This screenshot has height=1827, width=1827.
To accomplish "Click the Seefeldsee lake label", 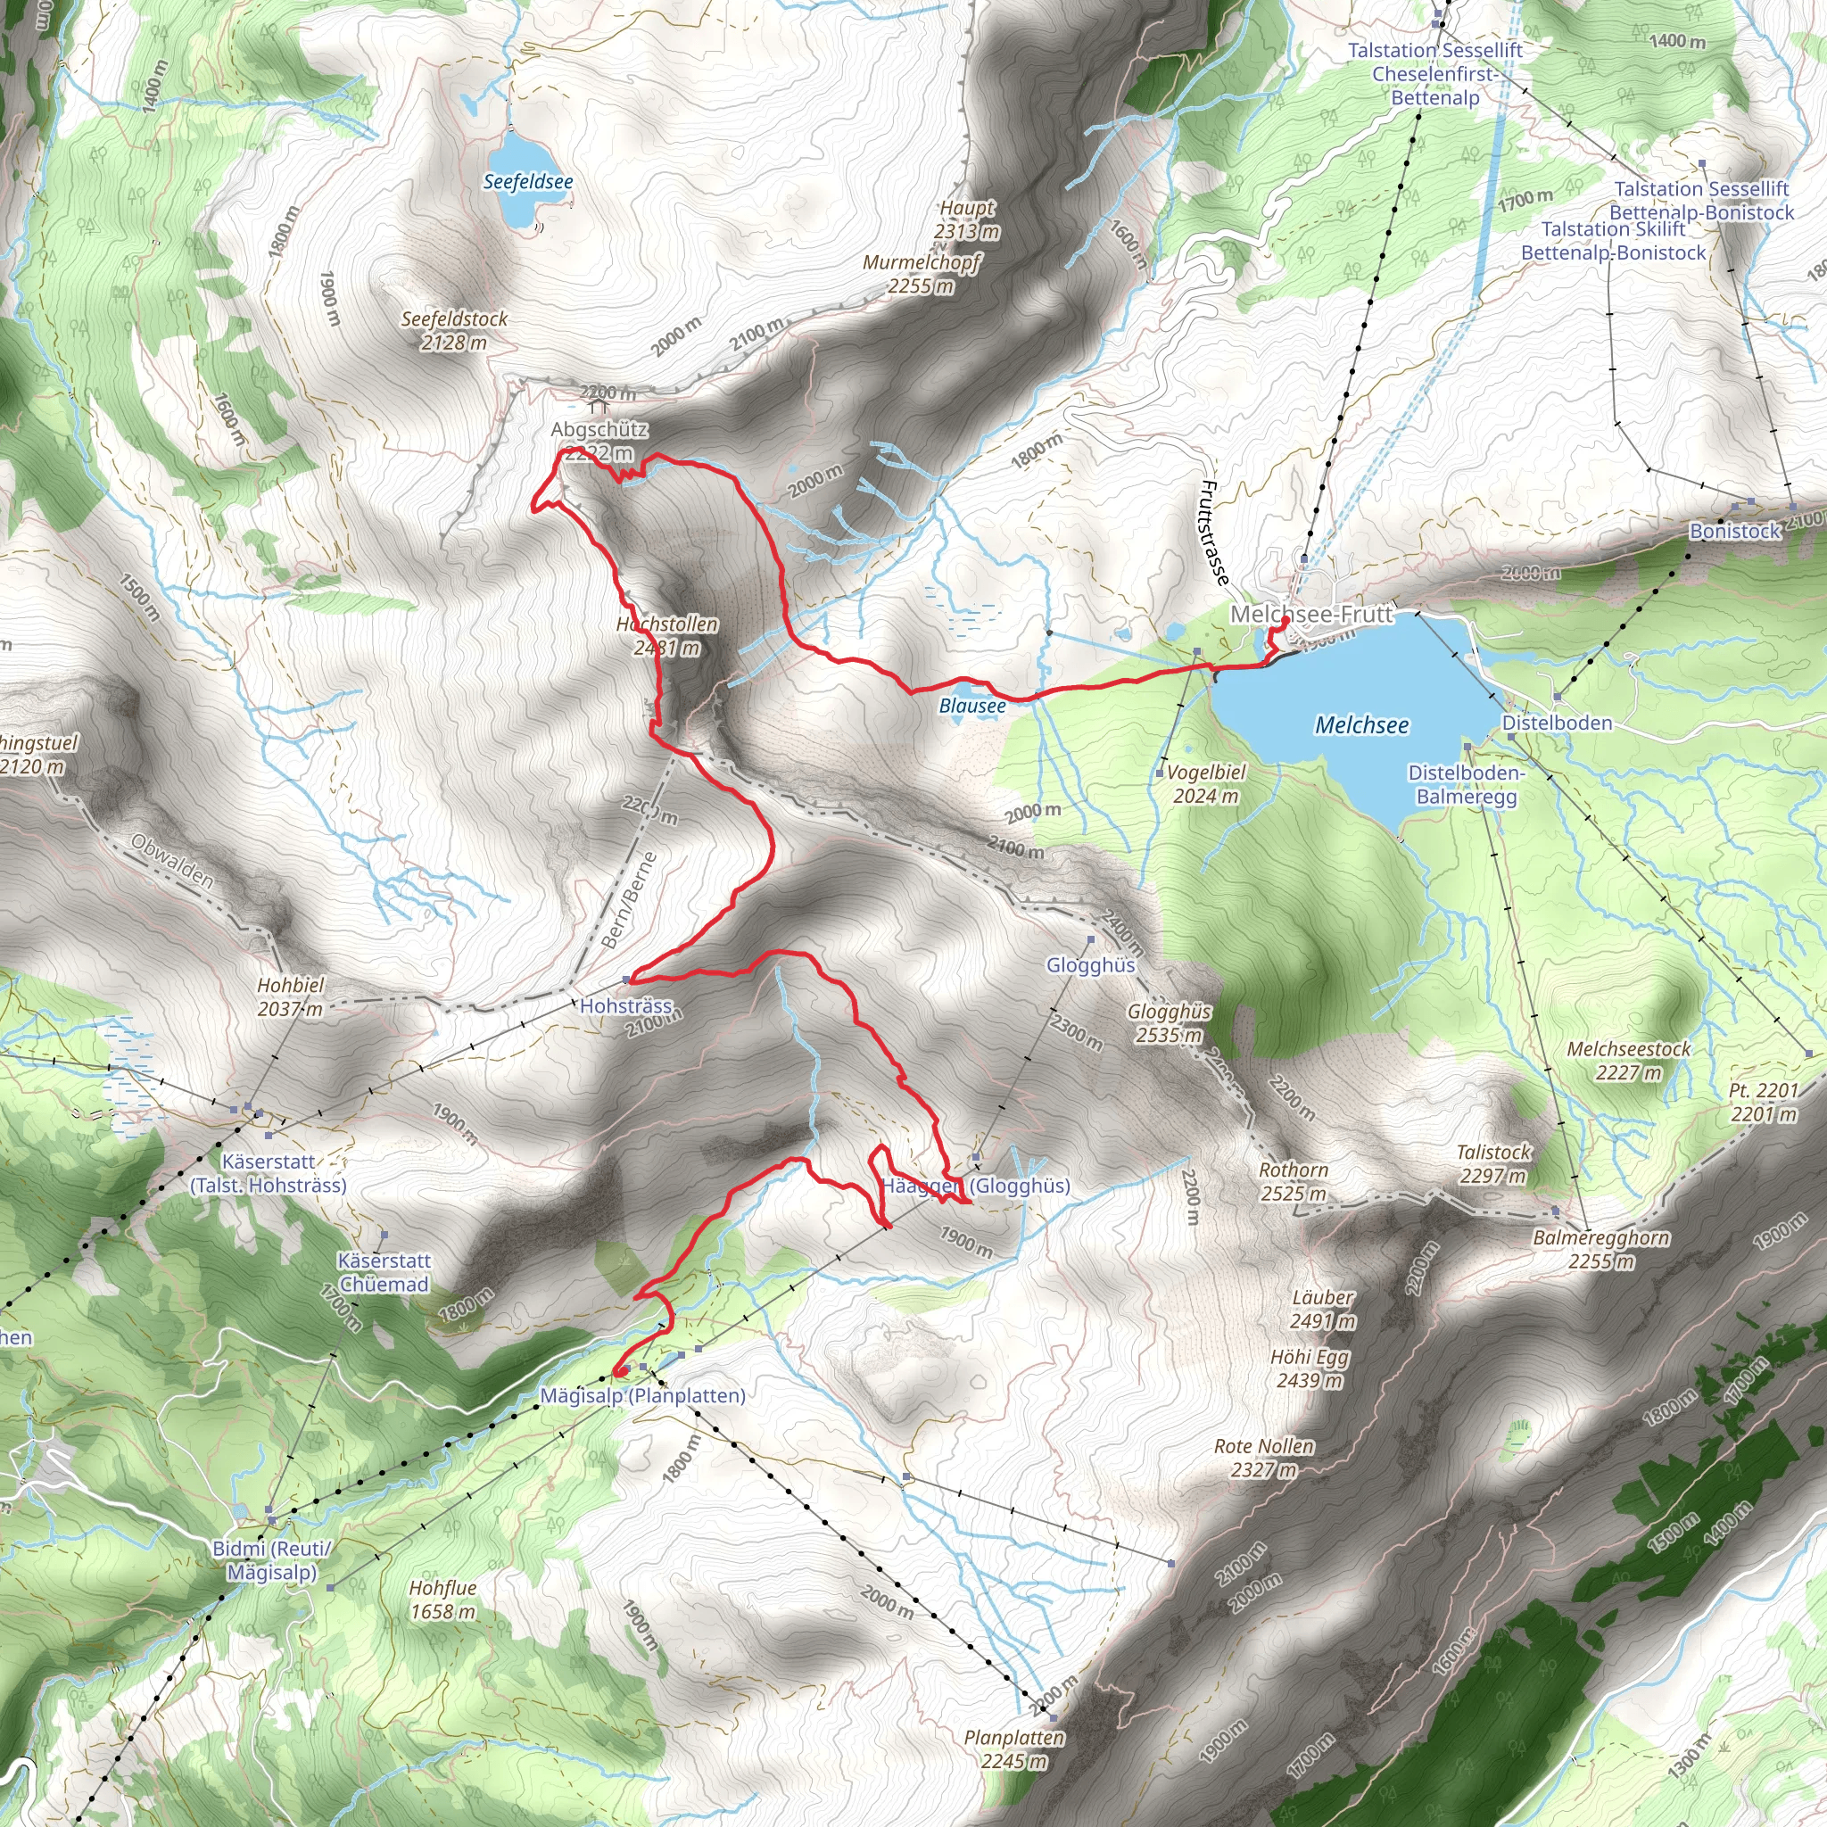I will pyautogui.click(x=528, y=182).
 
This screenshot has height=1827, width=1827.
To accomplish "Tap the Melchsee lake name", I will pyautogui.click(x=1361, y=725).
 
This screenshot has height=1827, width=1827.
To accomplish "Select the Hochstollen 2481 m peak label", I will pyautogui.click(x=666, y=636).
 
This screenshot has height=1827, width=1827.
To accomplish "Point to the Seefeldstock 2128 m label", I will pyautogui.click(x=454, y=331).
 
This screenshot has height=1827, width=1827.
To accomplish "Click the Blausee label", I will pyautogui.click(x=972, y=707).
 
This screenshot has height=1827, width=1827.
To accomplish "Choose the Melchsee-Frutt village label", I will pyautogui.click(x=1310, y=615).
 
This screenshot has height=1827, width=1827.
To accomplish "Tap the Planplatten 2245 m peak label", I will pyautogui.click(x=1014, y=1749).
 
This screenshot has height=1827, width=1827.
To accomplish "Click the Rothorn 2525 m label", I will pyautogui.click(x=1293, y=1182).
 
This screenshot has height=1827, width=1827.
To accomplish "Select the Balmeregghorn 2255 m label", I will pyautogui.click(x=1601, y=1249).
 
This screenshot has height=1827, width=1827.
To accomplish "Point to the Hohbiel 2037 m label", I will pyautogui.click(x=290, y=996).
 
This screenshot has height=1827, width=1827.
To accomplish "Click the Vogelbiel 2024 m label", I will pyautogui.click(x=1206, y=784).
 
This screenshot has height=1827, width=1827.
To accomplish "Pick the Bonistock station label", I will pyautogui.click(x=1734, y=532).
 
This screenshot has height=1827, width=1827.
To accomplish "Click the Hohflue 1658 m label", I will pyautogui.click(x=442, y=1600).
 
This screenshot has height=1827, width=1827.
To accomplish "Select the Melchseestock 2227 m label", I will pyautogui.click(x=1628, y=1060).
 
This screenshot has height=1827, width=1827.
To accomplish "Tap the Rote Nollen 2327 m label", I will pyautogui.click(x=1263, y=1458).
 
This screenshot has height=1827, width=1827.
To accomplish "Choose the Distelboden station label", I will pyautogui.click(x=1558, y=723).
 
